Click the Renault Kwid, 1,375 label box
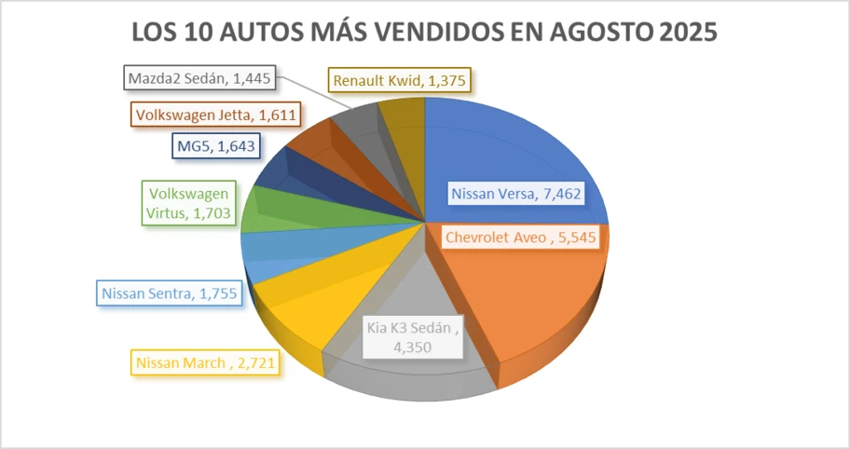click(x=401, y=81)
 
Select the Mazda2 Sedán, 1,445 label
click(x=199, y=77)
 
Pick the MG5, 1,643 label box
click(x=214, y=146)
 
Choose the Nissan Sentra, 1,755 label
click(x=169, y=293)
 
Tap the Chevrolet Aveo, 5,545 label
click(x=519, y=238)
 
